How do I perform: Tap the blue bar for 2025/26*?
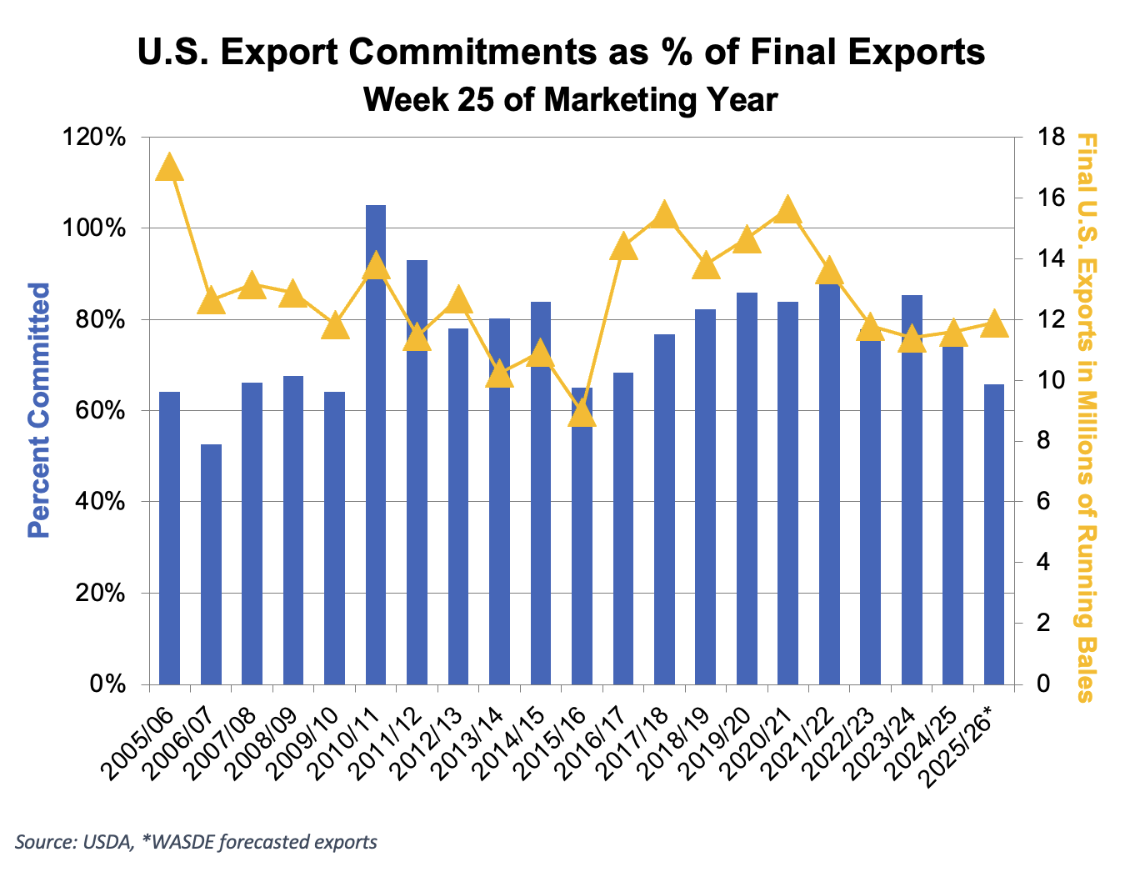994,534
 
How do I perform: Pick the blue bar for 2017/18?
664,509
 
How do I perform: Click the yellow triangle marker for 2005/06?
169,167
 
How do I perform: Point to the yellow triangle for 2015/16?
582,412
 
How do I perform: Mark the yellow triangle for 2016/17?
623,247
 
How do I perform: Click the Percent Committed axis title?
39,410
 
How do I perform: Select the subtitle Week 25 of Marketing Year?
571,100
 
